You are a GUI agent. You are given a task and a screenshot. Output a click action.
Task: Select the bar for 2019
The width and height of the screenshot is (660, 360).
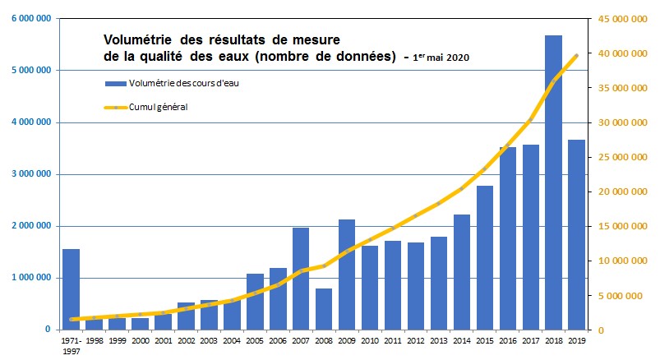pyautogui.click(x=577, y=234)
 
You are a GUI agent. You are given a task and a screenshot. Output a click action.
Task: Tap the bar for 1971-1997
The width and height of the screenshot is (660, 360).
pyautogui.click(x=72, y=288)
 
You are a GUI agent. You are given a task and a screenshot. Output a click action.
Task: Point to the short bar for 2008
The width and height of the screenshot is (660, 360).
pyautogui.click(x=324, y=309)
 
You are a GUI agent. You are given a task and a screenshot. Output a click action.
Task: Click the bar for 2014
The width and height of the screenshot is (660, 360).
pyautogui.click(x=462, y=272)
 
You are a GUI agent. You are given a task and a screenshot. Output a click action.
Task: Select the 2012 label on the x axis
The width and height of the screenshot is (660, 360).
pyautogui.click(x=416, y=339)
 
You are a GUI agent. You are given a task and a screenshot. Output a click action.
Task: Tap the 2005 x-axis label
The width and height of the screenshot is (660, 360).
pyautogui.click(x=255, y=339)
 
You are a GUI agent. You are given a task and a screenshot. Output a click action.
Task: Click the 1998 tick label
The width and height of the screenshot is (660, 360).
pyautogui.click(x=95, y=339)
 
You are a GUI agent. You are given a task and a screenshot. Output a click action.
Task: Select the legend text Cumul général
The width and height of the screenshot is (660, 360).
pyautogui.click(x=159, y=106)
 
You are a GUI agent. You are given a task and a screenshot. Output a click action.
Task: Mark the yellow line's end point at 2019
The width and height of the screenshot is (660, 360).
pyautogui.click(x=577, y=55)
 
